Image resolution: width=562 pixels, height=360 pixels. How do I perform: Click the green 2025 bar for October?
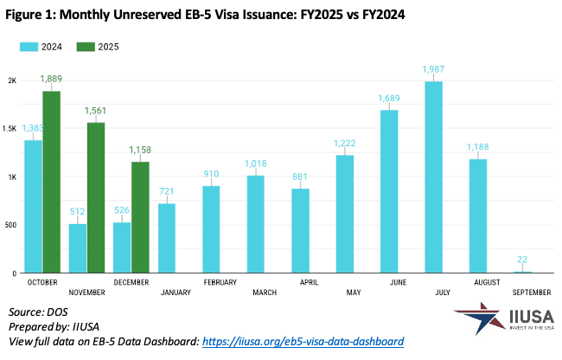tap(51, 182)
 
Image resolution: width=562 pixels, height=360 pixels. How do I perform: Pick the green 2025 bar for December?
tap(140, 217)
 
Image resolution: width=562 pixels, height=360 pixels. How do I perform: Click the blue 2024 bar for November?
tap(78, 248)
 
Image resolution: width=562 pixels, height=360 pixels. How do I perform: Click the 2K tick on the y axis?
tap(12, 80)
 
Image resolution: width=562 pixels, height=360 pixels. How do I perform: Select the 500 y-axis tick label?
tap(10, 225)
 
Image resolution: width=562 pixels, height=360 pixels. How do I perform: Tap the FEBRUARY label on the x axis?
tap(220, 282)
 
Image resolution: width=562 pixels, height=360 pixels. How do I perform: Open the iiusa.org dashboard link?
tap(302, 342)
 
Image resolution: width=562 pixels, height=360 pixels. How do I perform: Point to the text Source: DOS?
tap(41, 311)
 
